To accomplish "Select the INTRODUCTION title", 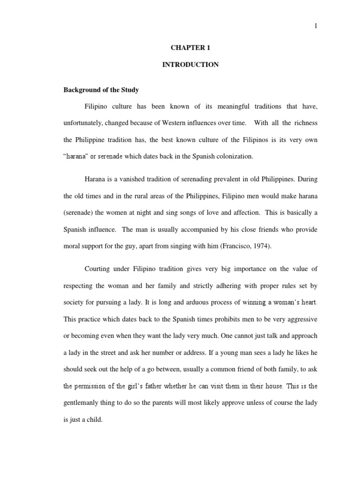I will coord(190,65).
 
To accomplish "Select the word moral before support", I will coord(73,246).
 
